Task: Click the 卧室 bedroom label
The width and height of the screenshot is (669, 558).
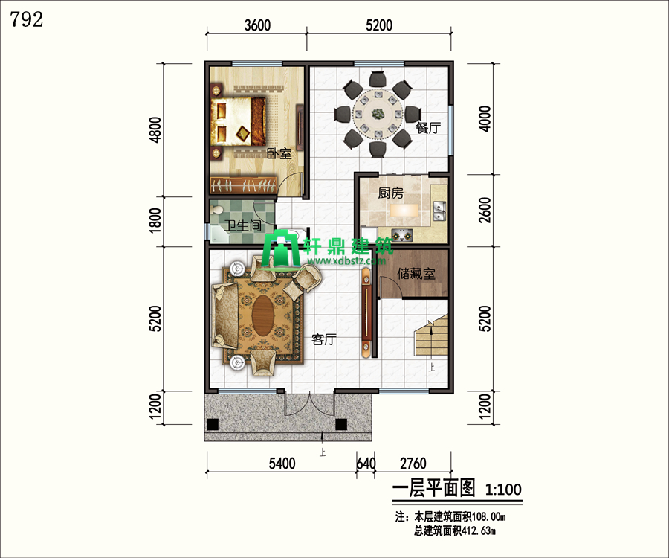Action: point(279,153)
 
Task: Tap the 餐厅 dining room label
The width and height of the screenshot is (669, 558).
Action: point(428,128)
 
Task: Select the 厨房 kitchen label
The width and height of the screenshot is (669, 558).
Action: point(390,193)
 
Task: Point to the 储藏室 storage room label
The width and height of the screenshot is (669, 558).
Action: point(416,274)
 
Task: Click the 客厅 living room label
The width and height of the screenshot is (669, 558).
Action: point(324,340)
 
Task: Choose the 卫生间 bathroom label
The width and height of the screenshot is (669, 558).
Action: point(243,225)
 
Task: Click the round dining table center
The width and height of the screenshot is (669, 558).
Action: point(377,114)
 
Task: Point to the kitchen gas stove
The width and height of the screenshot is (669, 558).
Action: point(402,235)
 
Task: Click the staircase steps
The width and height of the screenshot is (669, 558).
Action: point(431,336)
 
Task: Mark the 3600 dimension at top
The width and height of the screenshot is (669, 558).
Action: point(257,25)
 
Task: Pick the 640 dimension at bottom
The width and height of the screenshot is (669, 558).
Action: point(366,464)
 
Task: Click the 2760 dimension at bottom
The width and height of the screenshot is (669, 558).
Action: point(413,464)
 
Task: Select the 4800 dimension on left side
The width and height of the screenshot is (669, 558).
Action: point(156,129)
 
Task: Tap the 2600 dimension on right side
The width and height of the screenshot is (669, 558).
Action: point(485,210)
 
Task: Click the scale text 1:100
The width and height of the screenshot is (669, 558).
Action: point(503,490)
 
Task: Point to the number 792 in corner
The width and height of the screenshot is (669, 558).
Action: point(27,19)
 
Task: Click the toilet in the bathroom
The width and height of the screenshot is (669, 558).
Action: point(217,210)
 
